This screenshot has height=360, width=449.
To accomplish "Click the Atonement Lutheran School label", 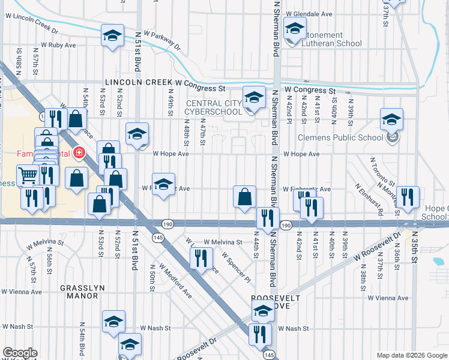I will point(331,39).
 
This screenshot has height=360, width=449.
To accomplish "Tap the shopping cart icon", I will point(27,175).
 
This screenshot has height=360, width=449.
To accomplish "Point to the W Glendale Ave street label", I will point(309,13).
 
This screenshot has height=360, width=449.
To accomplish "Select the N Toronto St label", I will point(382,172).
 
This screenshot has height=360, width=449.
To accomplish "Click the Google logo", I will point(20,353).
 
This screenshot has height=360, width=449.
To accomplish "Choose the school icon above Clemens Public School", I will point(391,119).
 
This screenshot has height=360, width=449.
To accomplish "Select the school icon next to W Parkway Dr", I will point(112,35).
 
